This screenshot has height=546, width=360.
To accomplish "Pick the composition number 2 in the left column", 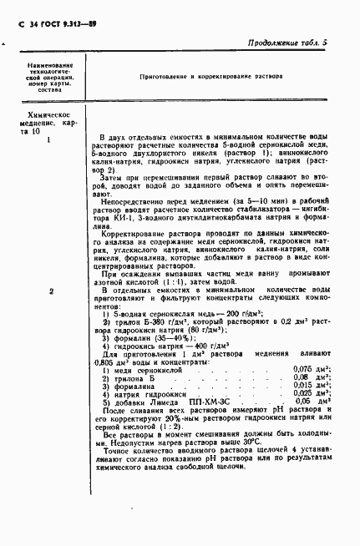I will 51,291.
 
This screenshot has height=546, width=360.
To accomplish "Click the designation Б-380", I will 146,321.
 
